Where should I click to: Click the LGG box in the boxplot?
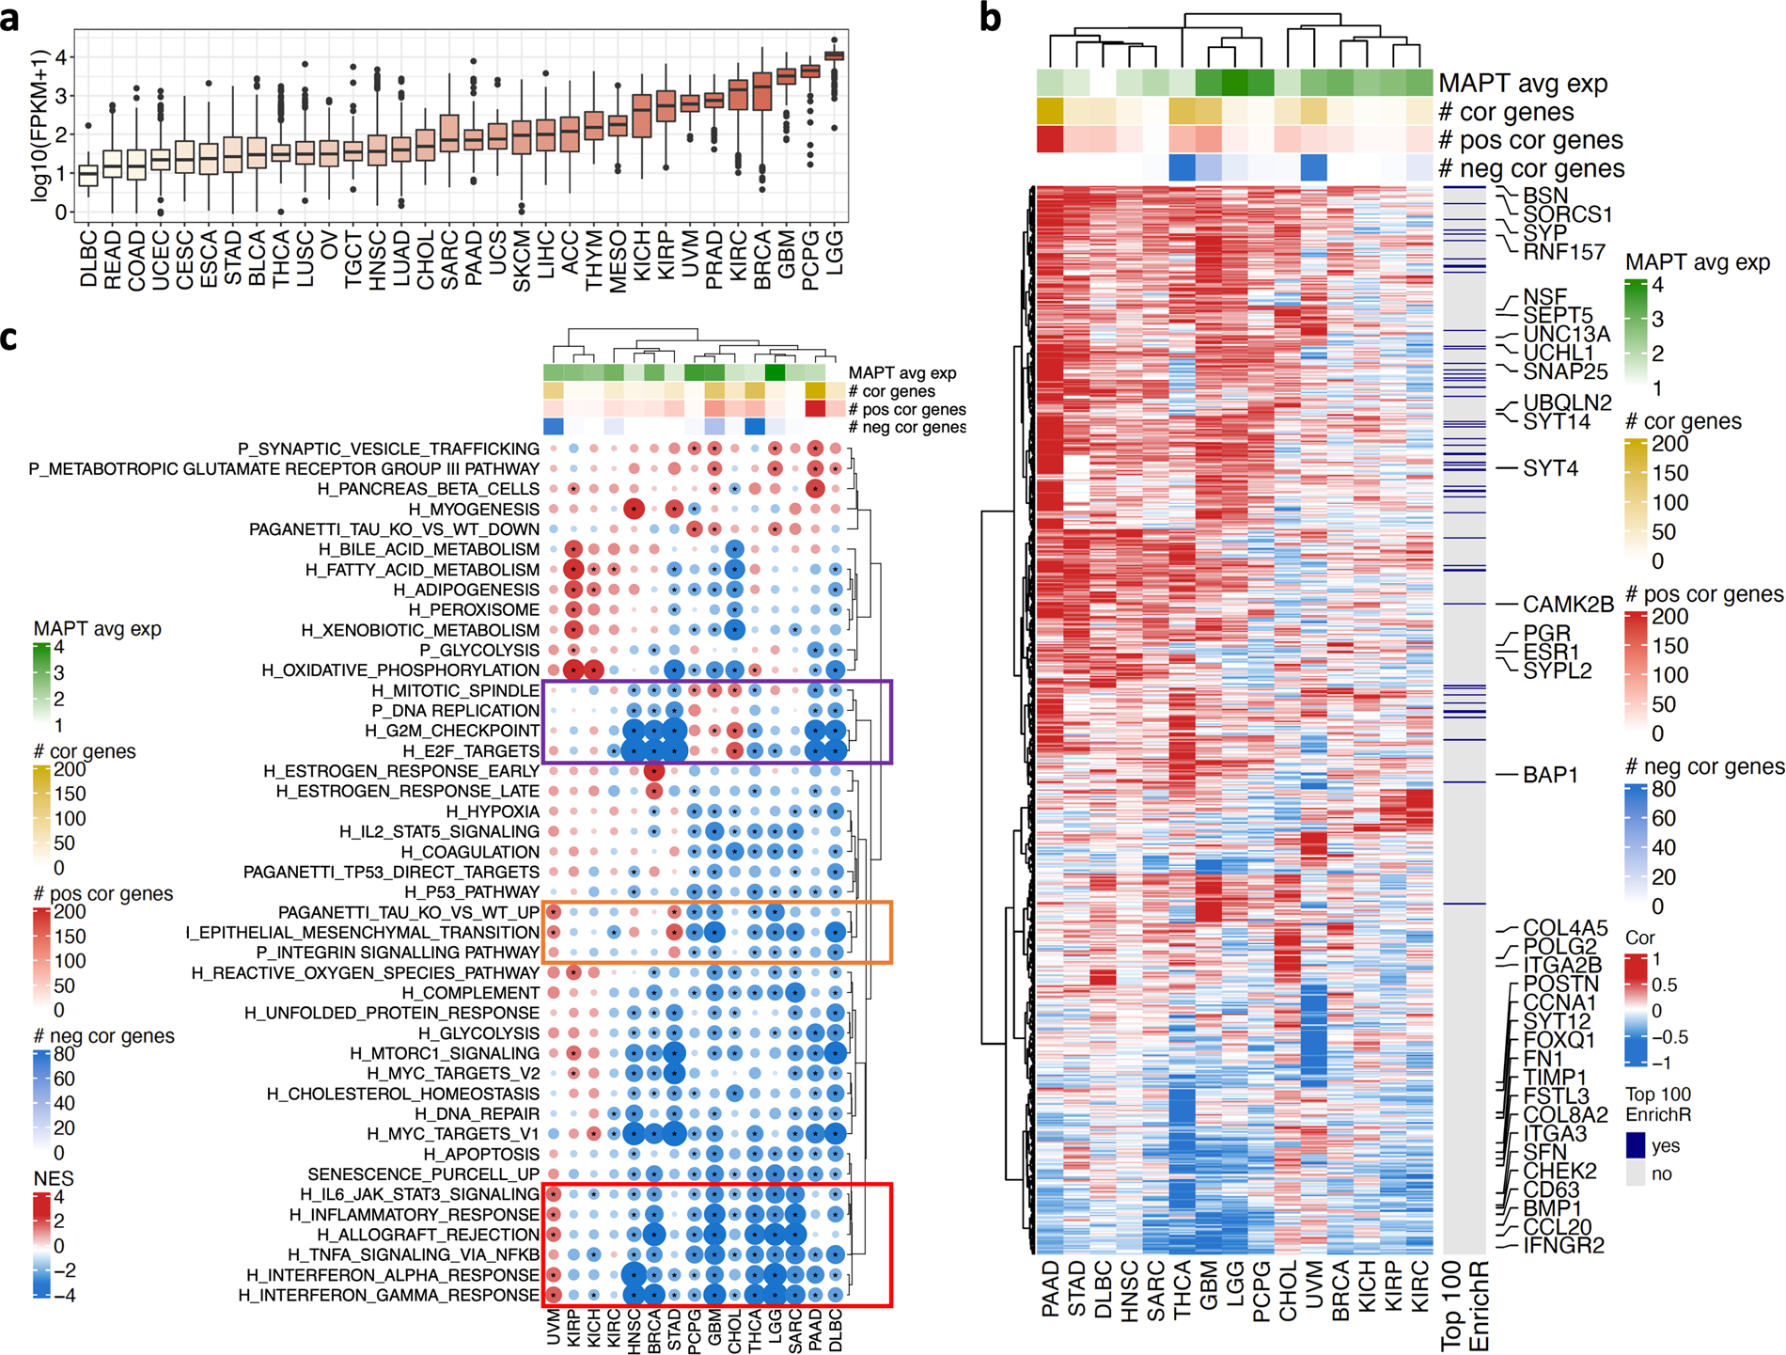pyautogui.click(x=834, y=56)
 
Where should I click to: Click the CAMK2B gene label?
pyautogui.click(x=1568, y=604)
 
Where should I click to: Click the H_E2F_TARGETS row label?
pyautogui.click(x=471, y=750)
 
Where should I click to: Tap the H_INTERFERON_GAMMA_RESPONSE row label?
pyautogui.click(x=388, y=1295)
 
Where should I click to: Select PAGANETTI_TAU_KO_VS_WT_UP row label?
pyautogui.click(x=408, y=912)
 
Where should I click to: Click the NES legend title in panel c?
pyautogui.click(x=53, y=1178)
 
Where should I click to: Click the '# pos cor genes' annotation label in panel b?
pyautogui.click(x=1530, y=140)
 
